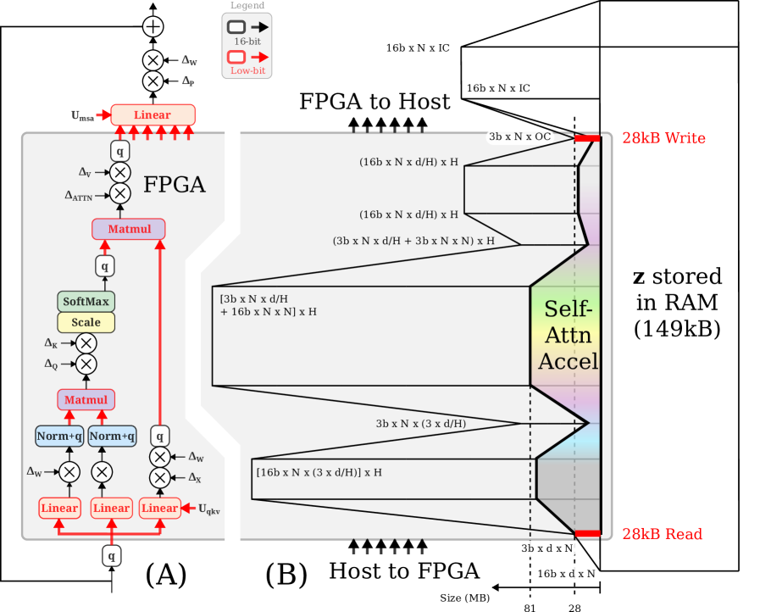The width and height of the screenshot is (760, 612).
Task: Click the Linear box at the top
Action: (x=153, y=115)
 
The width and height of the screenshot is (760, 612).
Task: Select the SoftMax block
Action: (x=86, y=302)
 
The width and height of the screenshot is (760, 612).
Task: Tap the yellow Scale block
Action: (x=86, y=322)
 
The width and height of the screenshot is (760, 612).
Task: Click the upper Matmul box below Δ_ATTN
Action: (x=129, y=229)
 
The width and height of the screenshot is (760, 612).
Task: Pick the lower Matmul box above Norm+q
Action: (x=86, y=399)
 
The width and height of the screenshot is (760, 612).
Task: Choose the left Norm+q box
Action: (x=59, y=436)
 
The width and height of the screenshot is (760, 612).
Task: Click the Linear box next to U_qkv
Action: (x=159, y=509)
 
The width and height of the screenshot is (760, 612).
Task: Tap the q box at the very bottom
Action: (x=111, y=556)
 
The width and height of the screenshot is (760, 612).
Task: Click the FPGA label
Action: (x=175, y=184)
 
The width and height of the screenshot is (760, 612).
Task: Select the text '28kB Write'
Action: (x=663, y=138)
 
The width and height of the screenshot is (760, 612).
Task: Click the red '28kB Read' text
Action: (x=662, y=534)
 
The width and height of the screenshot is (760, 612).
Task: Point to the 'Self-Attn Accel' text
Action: (x=569, y=335)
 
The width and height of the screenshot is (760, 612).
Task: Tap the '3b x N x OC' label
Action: (x=519, y=136)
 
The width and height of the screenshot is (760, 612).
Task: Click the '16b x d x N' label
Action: (x=564, y=574)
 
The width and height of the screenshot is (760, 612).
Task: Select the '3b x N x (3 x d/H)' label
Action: (x=420, y=423)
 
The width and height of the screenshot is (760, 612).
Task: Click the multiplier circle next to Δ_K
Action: (x=86, y=343)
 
